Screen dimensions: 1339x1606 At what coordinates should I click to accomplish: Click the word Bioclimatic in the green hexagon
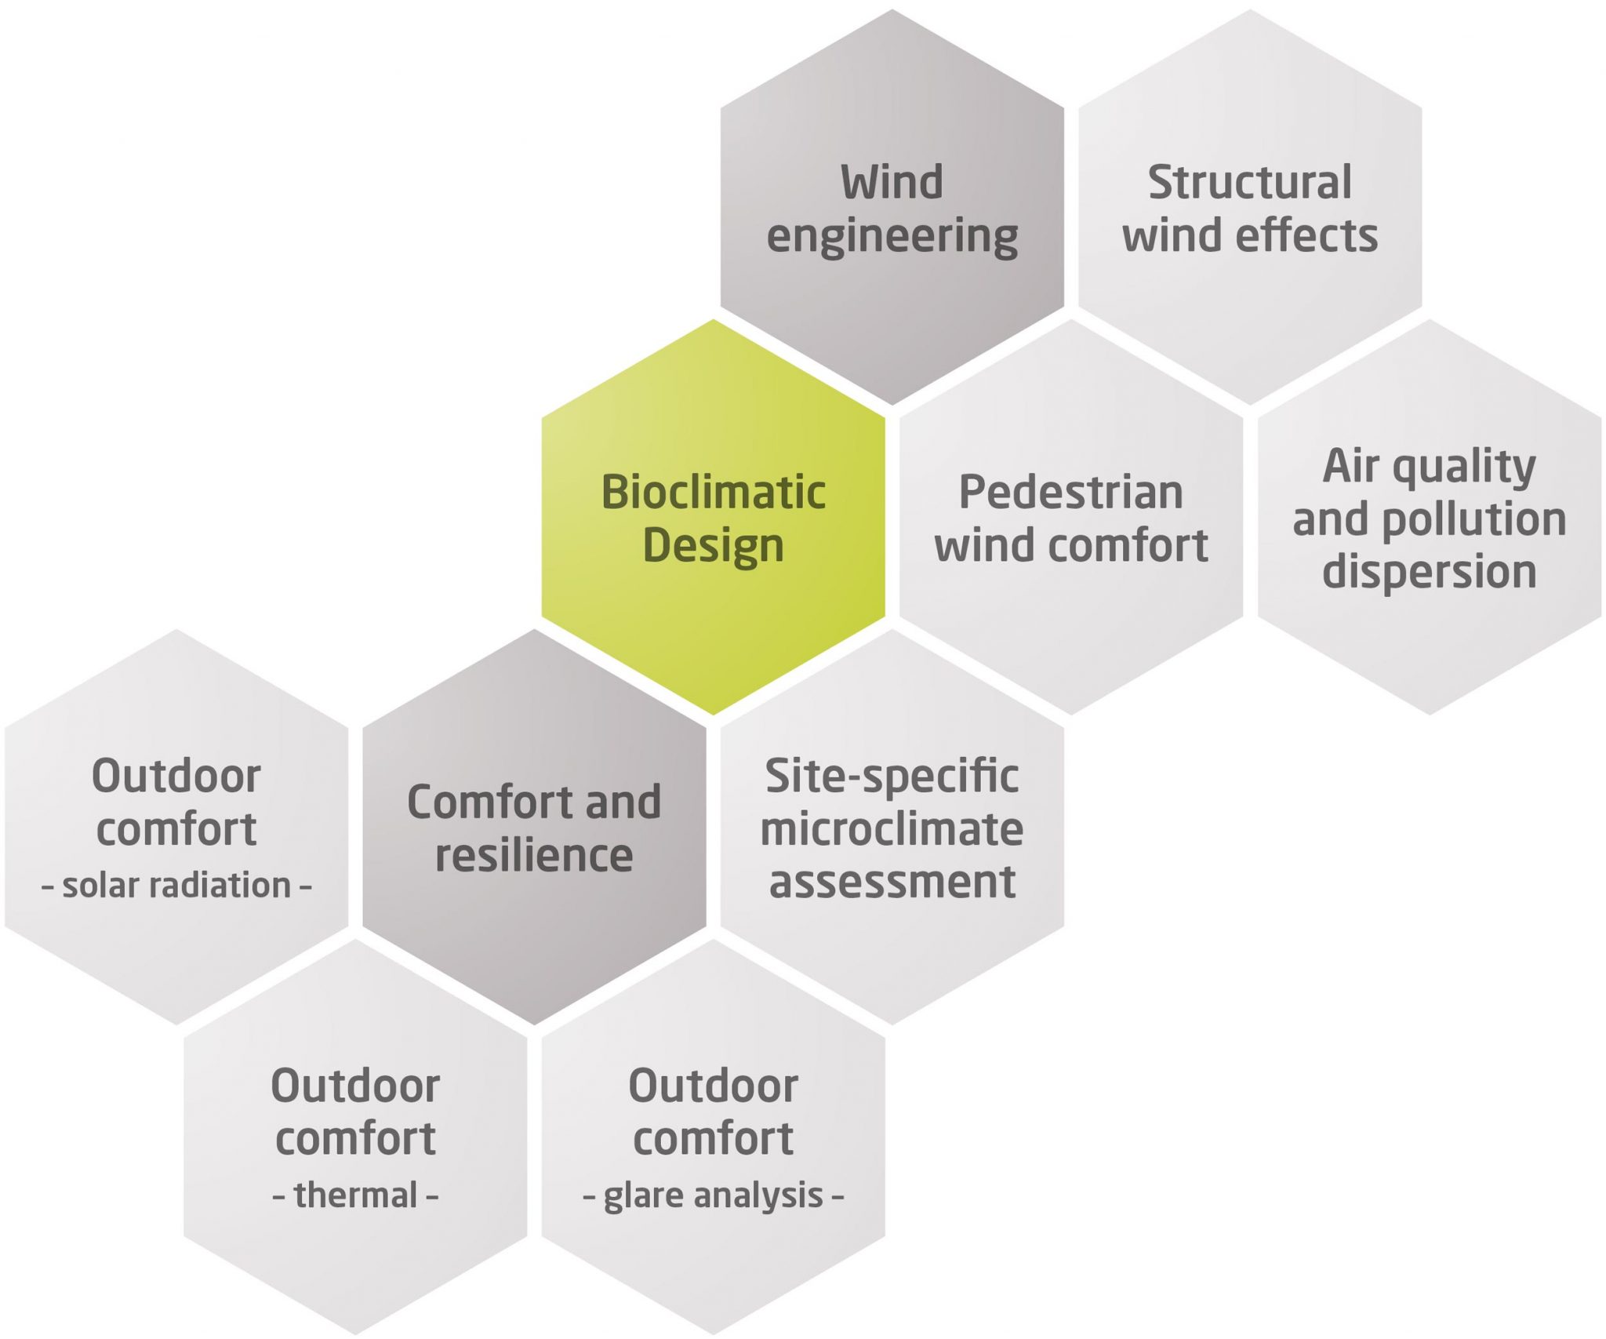coord(713,493)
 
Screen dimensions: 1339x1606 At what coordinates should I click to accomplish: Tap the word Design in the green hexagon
coord(713,546)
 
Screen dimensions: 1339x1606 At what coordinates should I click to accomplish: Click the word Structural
coord(1250,183)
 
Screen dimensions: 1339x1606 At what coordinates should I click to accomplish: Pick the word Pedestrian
coord(1070,493)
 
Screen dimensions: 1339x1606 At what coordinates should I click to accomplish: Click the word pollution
coord(1474,519)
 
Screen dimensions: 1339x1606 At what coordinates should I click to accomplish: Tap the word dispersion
coord(1429,571)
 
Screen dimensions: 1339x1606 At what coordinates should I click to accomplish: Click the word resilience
coord(534,855)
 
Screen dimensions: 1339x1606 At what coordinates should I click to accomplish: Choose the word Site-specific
coord(892,777)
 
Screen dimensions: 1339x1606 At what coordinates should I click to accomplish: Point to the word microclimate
coord(892,829)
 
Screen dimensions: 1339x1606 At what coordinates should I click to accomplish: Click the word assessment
coord(892,882)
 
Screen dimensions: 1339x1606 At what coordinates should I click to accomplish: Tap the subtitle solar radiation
coord(176,886)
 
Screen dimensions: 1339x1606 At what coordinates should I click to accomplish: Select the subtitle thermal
coord(355,1195)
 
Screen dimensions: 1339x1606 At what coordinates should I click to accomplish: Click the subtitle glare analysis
coord(713,1196)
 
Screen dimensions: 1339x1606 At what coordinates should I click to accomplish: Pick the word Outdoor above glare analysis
coord(713,1086)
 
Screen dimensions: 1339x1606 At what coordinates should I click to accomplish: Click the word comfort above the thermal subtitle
coord(355,1139)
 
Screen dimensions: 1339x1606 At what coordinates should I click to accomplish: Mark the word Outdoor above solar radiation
coord(176,777)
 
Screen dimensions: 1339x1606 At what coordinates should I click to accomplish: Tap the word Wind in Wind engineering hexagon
coord(892,183)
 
